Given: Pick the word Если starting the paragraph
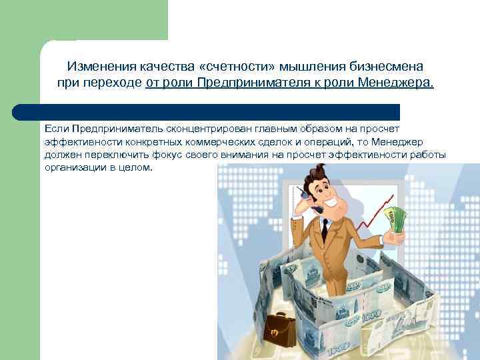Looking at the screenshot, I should tap(57, 127).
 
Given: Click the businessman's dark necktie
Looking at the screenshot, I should tap(324, 229).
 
